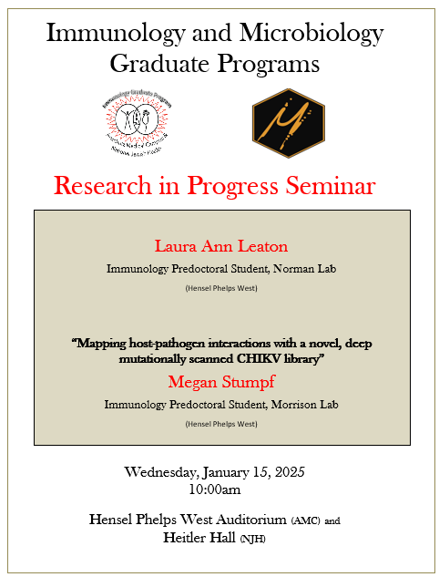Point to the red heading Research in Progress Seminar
pyautogui.click(x=214, y=185)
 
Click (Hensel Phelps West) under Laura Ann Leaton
pyautogui.click(x=221, y=289)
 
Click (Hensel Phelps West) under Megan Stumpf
pyautogui.click(x=221, y=424)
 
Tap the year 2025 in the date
pyautogui.click(x=286, y=472)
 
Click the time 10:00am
pyautogui.click(x=214, y=489)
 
